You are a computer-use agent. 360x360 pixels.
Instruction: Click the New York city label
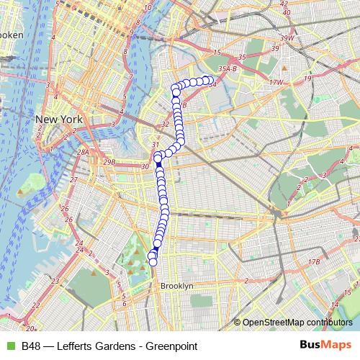(x=59, y=120)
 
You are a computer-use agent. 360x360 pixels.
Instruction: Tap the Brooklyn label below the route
(x=177, y=286)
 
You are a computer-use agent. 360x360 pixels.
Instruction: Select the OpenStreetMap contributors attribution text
(x=297, y=323)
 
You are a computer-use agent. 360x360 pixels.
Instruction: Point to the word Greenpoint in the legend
(x=171, y=346)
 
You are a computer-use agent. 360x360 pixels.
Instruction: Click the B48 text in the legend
(x=31, y=346)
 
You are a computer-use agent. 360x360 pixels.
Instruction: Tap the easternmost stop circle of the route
(x=210, y=80)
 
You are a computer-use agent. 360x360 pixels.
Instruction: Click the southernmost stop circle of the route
(x=153, y=262)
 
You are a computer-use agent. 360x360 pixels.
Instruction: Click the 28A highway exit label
(x=84, y=152)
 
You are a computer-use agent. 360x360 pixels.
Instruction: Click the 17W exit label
(x=275, y=83)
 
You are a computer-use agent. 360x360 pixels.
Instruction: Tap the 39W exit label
(x=288, y=37)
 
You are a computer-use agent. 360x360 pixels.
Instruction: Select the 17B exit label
(x=313, y=261)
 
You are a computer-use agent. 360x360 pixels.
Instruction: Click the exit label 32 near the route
(x=165, y=124)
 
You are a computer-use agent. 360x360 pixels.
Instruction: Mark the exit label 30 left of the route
(x=145, y=167)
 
